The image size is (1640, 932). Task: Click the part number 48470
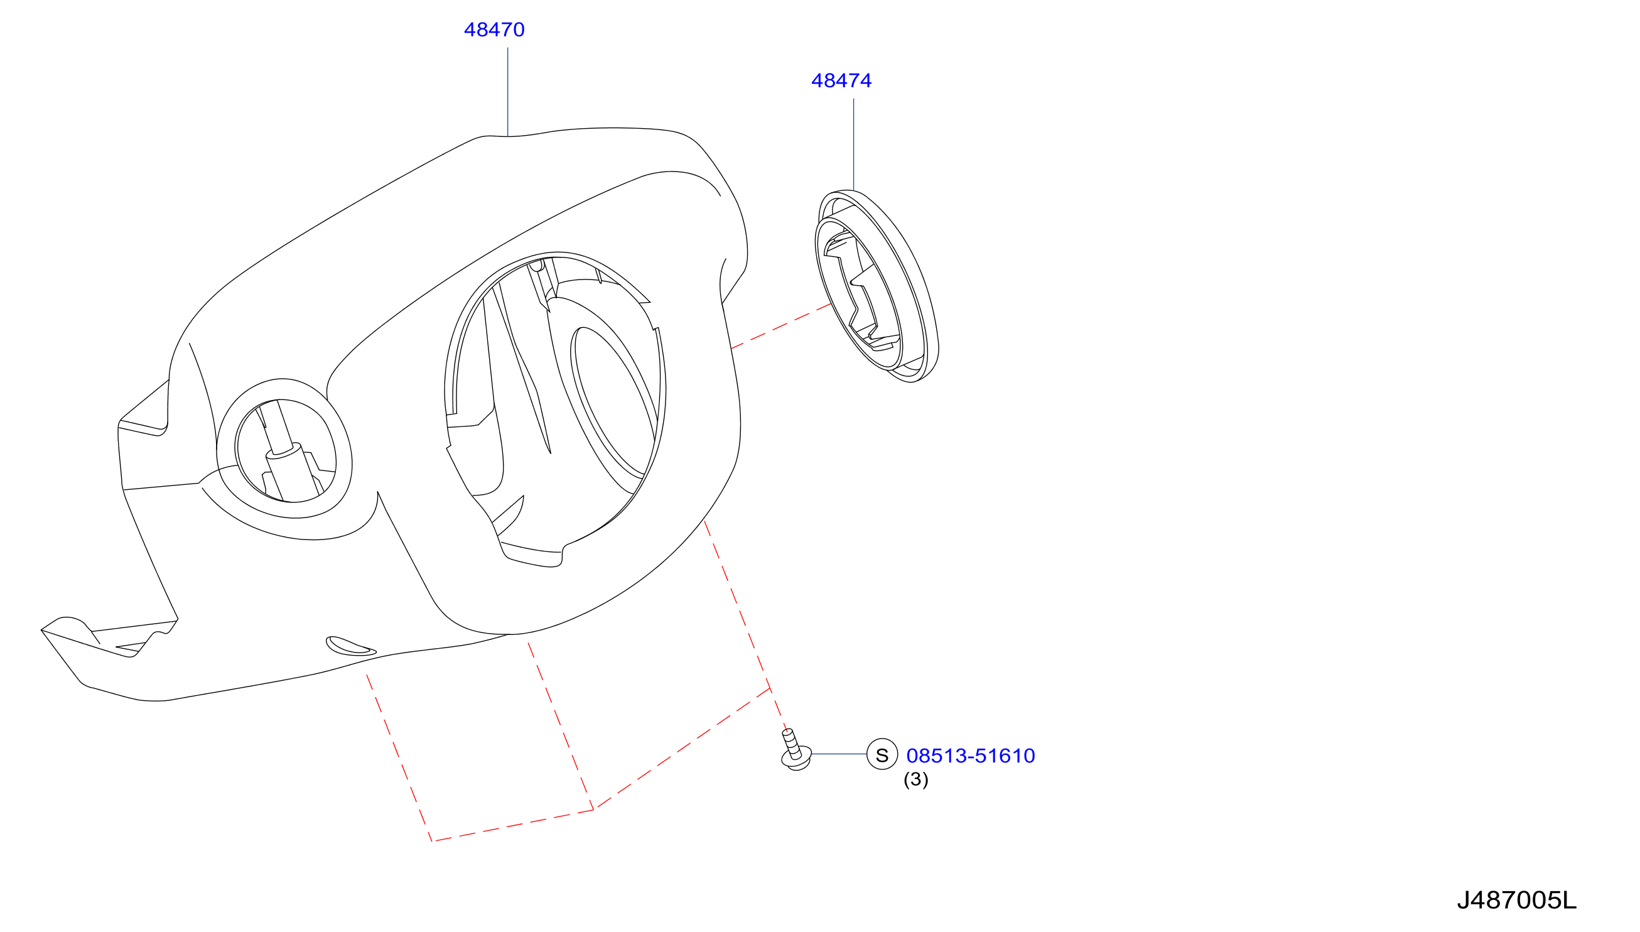click(494, 30)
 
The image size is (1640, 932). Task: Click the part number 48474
click(841, 80)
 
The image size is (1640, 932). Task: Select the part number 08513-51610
click(970, 756)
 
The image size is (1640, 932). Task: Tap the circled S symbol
click(882, 755)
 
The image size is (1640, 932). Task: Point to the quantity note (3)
click(915, 779)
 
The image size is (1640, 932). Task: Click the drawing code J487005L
click(1516, 901)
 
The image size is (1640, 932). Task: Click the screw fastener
click(796, 750)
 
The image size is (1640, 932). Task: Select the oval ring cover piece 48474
click(877, 286)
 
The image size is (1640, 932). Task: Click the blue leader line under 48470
click(508, 92)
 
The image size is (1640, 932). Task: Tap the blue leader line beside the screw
click(839, 755)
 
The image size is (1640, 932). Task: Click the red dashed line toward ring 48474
click(781, 326)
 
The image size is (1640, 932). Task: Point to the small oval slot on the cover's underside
click(350, 646)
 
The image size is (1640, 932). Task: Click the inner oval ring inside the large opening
click(613, 403)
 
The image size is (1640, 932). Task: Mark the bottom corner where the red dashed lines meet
click(433, 841)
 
